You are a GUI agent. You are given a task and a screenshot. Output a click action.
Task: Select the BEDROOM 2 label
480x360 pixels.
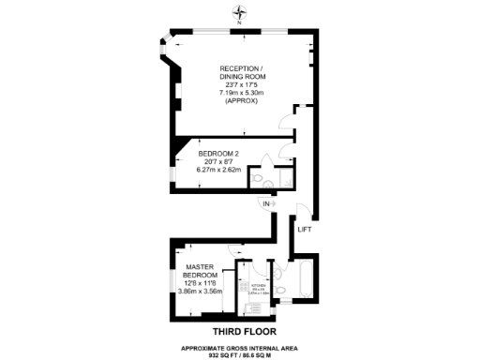[x=218, y=153]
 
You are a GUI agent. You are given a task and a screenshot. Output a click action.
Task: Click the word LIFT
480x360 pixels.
[x=304, y=230]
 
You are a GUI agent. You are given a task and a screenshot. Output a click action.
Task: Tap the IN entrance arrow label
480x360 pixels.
[x=266, y=203]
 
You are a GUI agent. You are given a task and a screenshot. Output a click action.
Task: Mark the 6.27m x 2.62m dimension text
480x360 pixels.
[x=218, y=170]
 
